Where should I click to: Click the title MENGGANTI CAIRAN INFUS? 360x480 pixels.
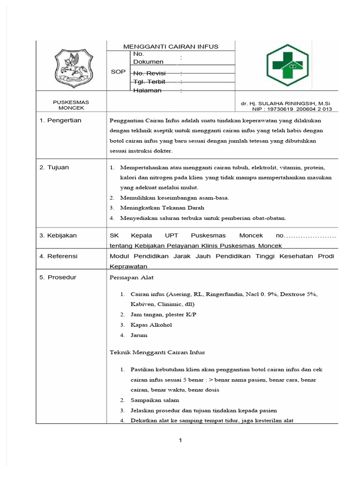pyautogui.click(x=171, y=46)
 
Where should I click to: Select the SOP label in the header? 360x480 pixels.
pyautogui.click(x=118, y=72)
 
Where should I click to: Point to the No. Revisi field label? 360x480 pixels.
pyautogui.click(x=150, y=74)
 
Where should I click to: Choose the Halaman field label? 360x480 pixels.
pyautogui.click(x=147, y=90)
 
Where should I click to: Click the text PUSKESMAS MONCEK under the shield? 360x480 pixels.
pyautogui.click(x=71, y=105)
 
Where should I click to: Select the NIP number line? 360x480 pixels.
pyautogui.click(x=285, y=109)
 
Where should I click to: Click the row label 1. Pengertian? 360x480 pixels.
pyautogui.click(x=60, y=120)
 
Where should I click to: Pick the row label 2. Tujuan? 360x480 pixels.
pyautogui.click(x=54, y=167)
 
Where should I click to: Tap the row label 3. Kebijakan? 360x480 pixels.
pyautogui.click(x=58, y=235)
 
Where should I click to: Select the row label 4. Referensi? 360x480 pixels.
pyautogui.click(x=59, y=256)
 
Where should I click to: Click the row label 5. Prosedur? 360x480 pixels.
pyautogui.click(x=58, y=277)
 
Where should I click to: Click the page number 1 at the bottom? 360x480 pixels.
pyautogui.click(x=180, y=440)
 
